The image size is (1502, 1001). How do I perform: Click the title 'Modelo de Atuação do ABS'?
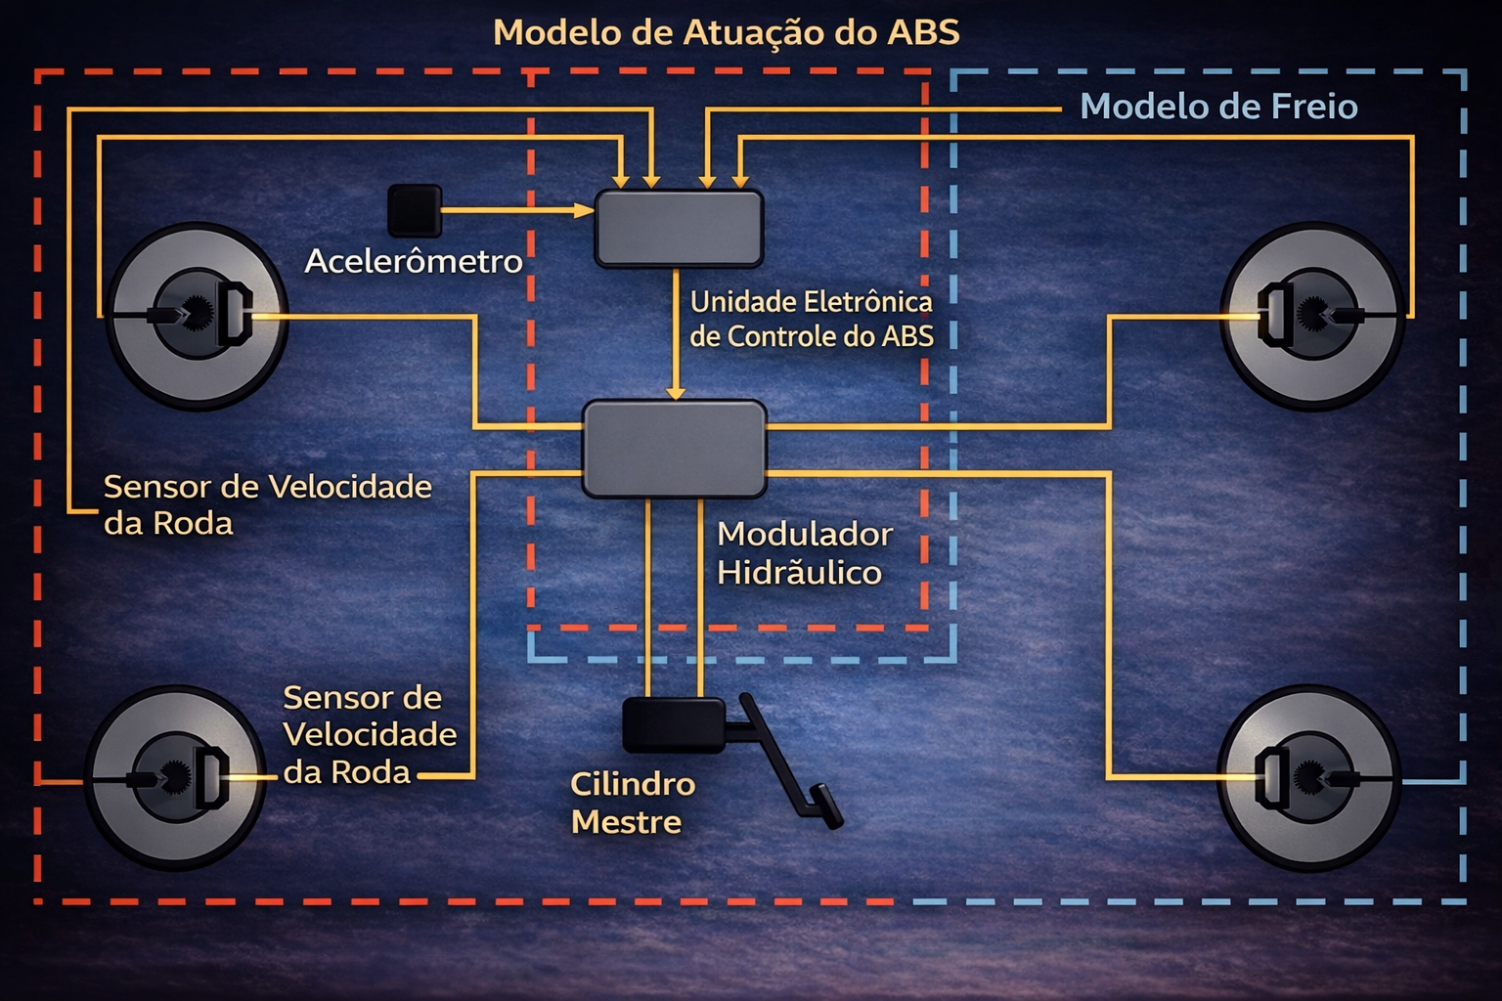pos(727,33)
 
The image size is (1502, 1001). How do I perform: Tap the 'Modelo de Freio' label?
pos(1218,107)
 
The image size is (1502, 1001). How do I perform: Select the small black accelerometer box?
pos(415,211)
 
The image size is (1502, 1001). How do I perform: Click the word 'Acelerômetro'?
pos(413,261)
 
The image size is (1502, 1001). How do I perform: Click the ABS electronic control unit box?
pos(679,229)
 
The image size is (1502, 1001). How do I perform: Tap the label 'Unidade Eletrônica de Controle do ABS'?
pos(812,319)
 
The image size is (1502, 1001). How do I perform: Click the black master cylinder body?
pos(674,724)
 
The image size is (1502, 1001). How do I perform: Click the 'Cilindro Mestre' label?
pos(633,804)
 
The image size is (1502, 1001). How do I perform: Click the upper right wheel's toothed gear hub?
pos(1313,314)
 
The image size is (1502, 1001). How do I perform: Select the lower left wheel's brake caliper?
pos(211,778)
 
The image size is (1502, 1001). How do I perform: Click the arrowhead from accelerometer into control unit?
pos(584,210)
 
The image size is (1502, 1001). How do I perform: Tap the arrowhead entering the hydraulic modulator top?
pos(676,393)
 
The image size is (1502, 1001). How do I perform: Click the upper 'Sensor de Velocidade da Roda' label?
pos(268,504)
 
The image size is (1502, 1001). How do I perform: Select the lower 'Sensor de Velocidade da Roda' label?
pos(370,735)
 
